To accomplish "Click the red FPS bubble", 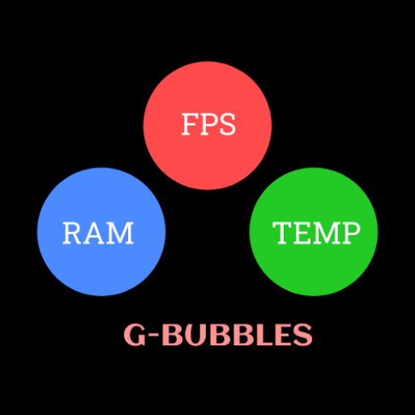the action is click(207, 126).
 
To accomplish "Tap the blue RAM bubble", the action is click(101, 232).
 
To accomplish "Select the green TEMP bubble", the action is click(314, 232).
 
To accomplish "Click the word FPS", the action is click(208, 124).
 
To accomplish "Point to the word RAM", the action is click(98, 233).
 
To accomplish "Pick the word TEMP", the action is click(316, 233).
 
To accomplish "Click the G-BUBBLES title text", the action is click(218, 335).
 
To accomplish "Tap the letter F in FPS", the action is click(189, 124).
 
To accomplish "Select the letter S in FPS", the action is click(228, 124).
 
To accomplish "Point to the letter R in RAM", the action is click(72, 233).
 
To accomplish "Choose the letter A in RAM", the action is click(94, 233).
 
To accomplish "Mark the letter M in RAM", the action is click(120, 233).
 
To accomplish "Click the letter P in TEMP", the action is click(351, 233).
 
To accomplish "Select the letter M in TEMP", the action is click(325, 233).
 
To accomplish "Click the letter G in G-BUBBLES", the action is click(135, 335).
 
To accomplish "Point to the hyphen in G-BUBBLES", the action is click(154, 336).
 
